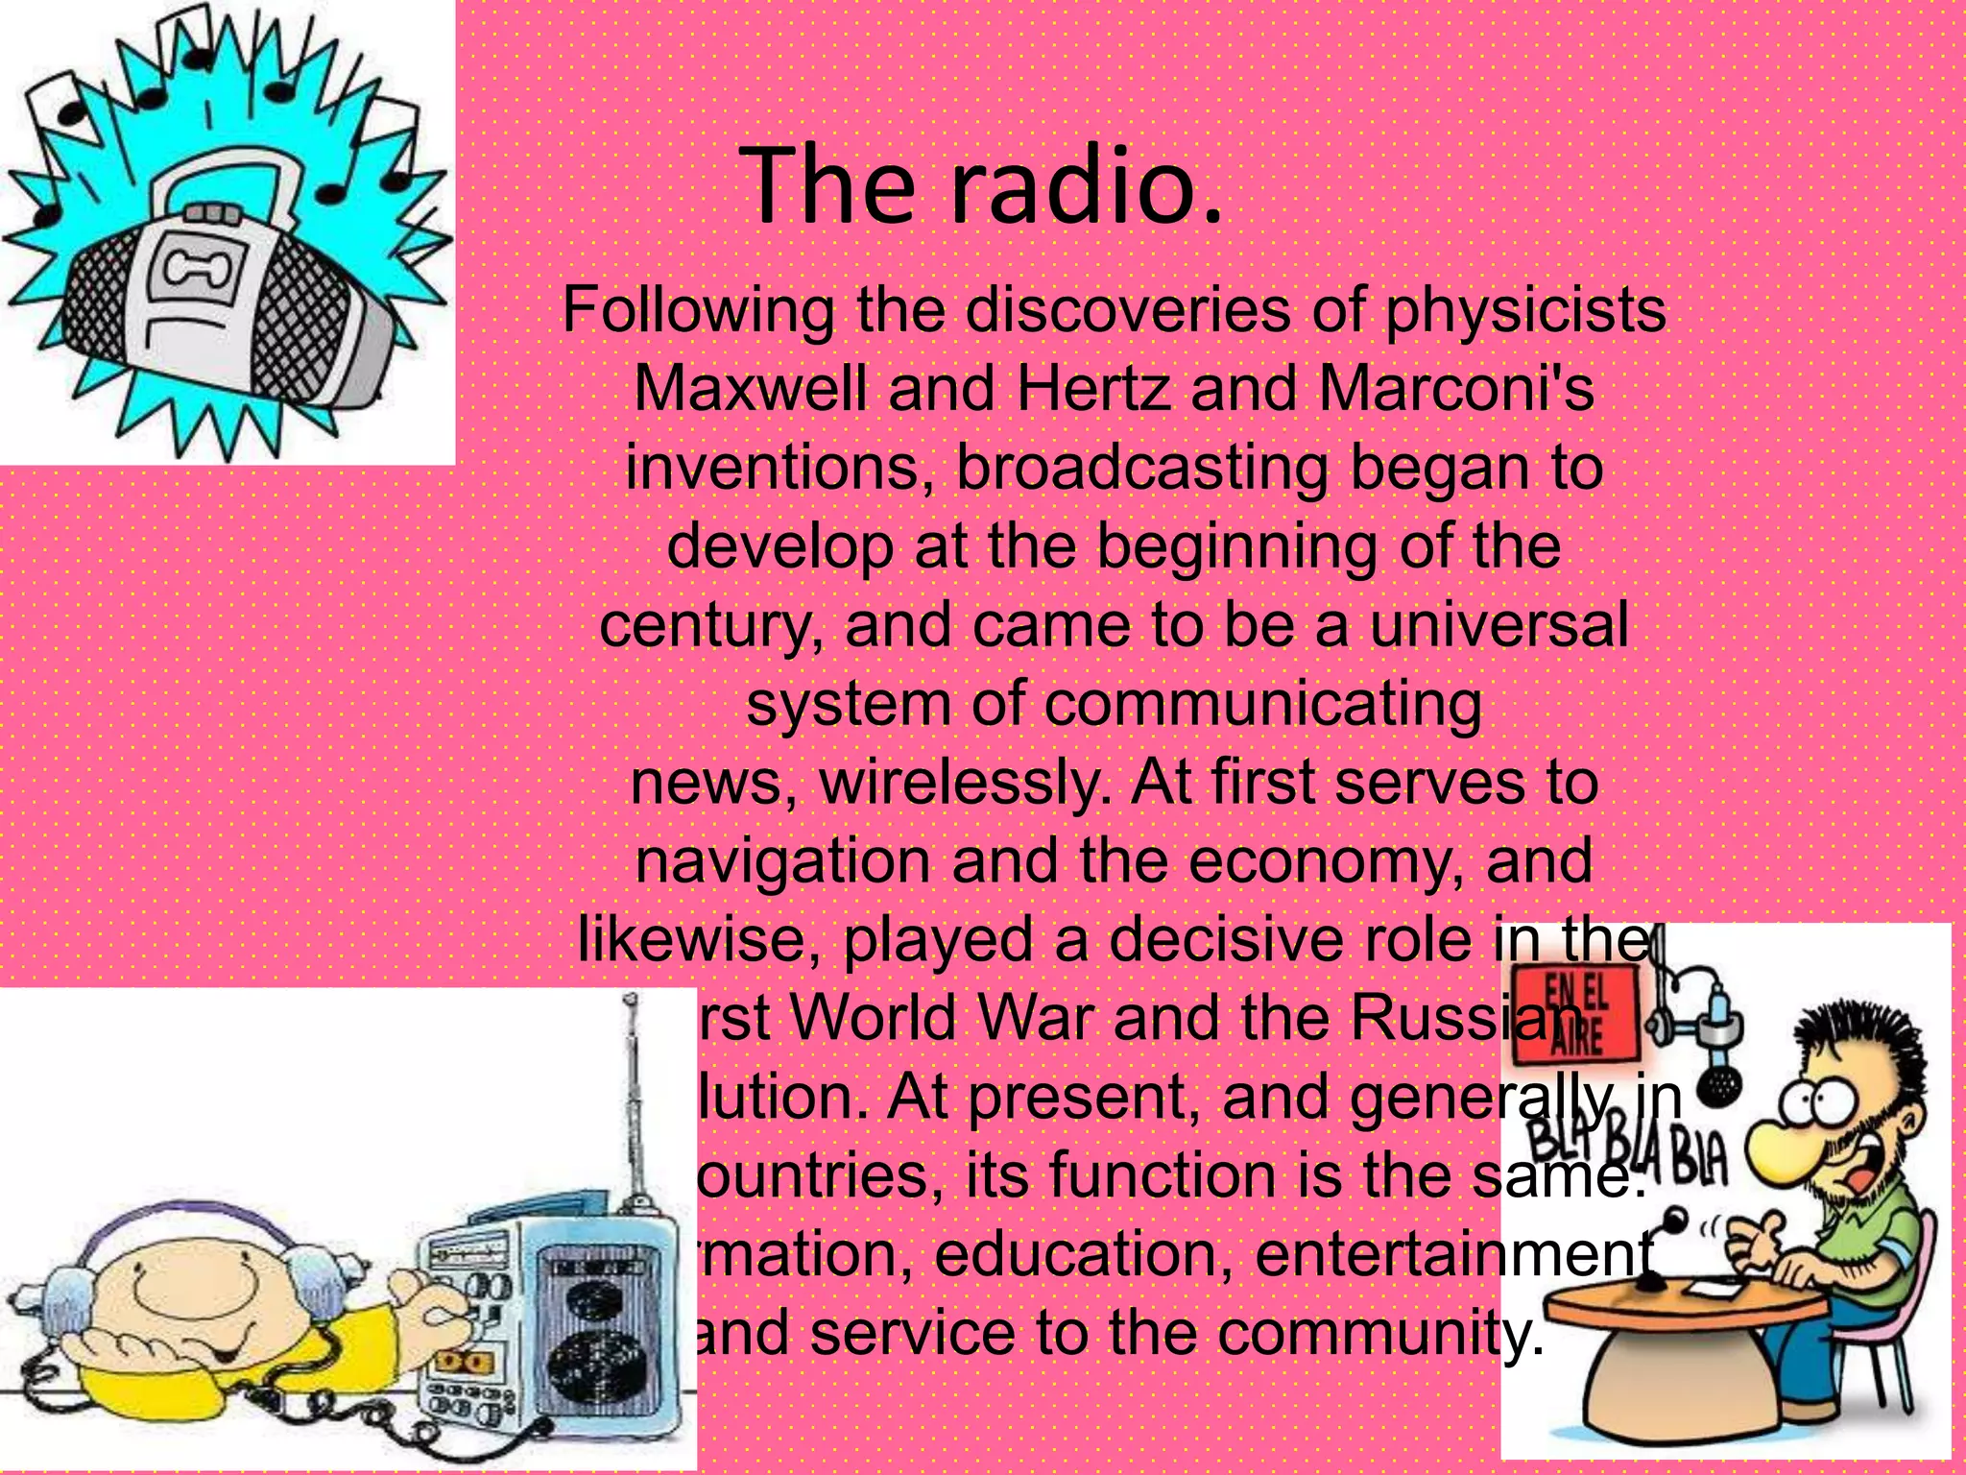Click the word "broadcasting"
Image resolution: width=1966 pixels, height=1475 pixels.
(1141, 469)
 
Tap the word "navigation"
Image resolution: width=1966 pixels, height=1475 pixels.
(781, 860)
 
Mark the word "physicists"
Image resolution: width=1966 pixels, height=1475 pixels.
(1525, 310)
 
